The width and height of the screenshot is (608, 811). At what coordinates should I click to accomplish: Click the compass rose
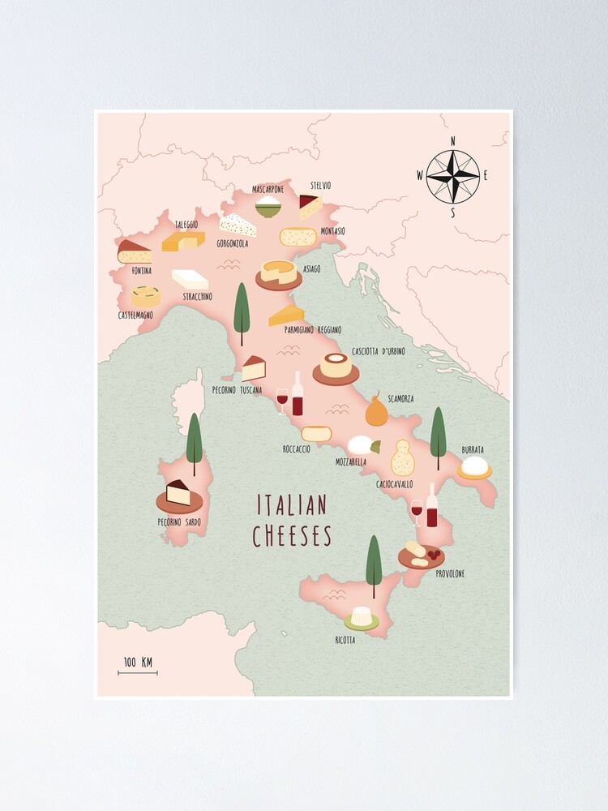[453, 177]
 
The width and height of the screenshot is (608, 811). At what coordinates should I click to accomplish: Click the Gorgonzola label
[236, 242]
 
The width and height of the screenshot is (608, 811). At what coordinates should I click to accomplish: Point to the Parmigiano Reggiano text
[312, 330]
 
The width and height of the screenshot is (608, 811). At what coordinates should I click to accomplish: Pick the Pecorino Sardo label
[179, 521]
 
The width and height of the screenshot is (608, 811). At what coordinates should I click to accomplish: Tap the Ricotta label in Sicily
[345, 640]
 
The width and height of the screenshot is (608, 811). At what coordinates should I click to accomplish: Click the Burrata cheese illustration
[474, 467]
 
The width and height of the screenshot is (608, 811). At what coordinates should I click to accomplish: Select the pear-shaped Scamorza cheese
[375, 410]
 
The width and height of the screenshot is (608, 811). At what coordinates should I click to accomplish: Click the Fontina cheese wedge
[134, 252]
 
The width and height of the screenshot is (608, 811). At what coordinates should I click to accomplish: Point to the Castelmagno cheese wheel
[145, 296]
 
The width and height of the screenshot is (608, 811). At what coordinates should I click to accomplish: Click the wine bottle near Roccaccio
[298, 395]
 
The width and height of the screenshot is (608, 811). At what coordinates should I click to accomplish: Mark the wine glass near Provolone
[417, 513]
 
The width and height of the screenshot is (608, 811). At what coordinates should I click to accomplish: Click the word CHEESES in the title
[292, 536]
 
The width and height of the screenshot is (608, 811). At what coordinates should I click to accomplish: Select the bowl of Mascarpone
[268, 206]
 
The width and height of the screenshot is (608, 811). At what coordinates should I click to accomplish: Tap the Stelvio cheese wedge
[310, 206]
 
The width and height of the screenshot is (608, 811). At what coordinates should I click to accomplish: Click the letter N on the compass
[452, 141]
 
